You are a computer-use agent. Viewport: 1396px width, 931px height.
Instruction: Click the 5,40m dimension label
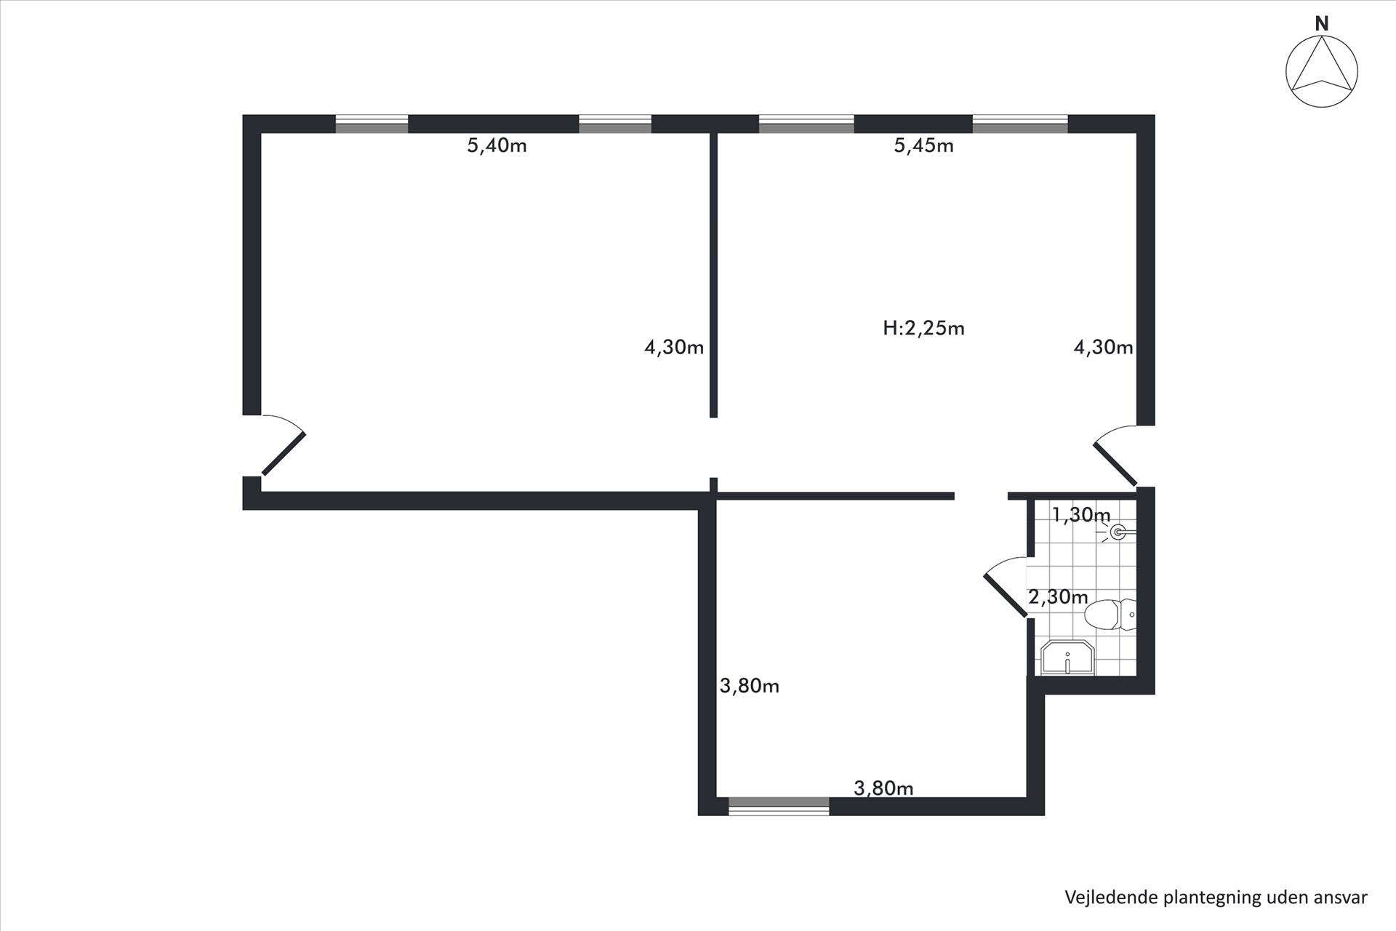click(x=497, y=146)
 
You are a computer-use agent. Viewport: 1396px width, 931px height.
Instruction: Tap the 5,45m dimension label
click(x=923, y=146)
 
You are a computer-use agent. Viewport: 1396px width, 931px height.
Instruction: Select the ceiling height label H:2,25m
click(x=923, y=328)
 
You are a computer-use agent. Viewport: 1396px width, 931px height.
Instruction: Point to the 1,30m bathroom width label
click(x=1081, y=515)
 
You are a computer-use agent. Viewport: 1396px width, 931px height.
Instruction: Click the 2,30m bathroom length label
click(x=1058, y=597)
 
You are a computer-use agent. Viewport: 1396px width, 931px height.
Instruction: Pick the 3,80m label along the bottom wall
click(x=883, y=788)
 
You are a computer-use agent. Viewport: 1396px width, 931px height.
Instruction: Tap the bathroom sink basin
click(x=1067, y=658)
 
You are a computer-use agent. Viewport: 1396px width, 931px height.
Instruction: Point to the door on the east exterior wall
click(x=1116, y=455)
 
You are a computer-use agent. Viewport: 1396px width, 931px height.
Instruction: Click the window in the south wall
click(x=779, y=806)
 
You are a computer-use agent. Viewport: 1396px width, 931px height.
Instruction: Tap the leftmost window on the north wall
click(x=372, y=124)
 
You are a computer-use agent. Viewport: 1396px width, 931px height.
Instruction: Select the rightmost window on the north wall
click(x=1020, y=124)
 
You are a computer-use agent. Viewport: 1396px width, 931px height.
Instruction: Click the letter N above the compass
click(x=1322, y=24)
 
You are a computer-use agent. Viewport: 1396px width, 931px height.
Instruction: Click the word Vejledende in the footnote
click(x=1111, y=898)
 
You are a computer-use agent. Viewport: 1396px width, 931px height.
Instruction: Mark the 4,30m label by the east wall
click(x=1103, y=348)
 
